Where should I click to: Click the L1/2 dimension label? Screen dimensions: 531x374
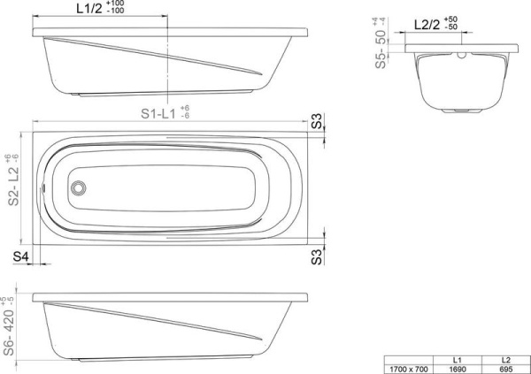pos(89,9)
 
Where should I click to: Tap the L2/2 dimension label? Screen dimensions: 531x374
pos(427,25)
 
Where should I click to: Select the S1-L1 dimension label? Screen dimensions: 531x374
pos(158,114)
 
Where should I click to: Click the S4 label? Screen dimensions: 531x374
pos(20,256)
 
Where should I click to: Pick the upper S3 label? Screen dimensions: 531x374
pos(317,121)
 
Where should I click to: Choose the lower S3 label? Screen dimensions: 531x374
pos(317,257)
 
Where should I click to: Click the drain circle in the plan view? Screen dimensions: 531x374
pos(78,187)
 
